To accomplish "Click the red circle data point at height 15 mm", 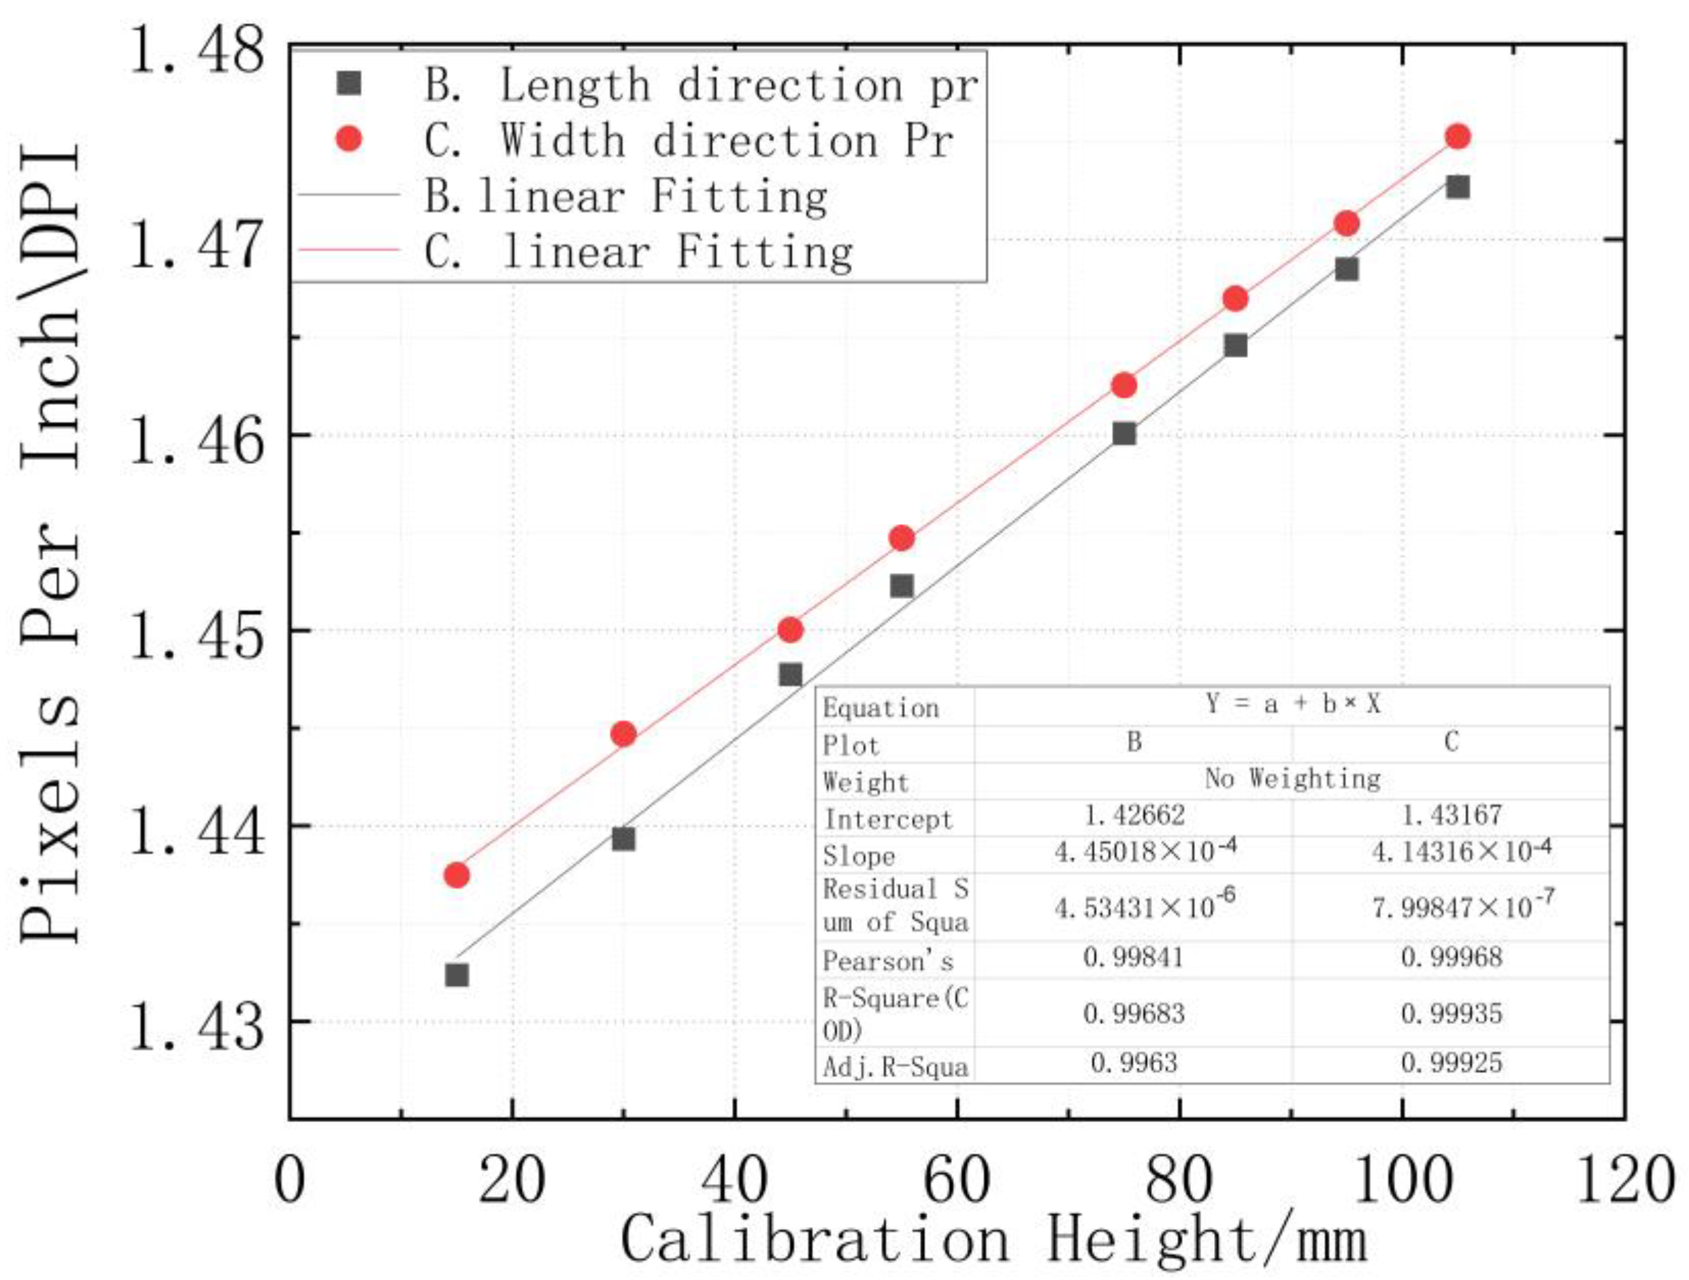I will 457,874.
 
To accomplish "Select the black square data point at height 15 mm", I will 457,975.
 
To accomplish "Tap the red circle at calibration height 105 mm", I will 1458,137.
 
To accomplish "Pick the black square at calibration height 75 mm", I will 1124,433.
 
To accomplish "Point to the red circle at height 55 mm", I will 902,538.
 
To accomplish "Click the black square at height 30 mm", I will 624,839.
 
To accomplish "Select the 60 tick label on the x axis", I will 957,1180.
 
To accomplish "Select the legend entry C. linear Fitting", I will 638,252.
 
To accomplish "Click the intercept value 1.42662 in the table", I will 1134,816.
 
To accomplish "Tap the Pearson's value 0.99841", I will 1133,957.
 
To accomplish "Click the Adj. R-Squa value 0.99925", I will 1452,1062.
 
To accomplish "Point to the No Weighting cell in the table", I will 1293,778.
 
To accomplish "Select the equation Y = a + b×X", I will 1293,704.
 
